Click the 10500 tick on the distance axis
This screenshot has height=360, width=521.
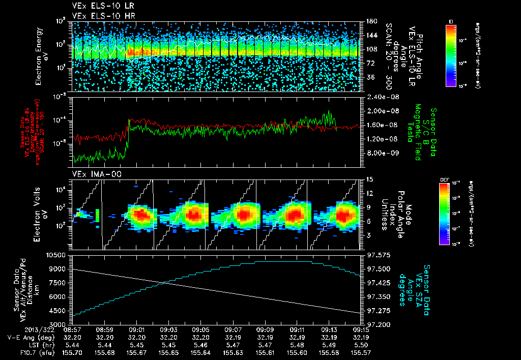tap(57, 254)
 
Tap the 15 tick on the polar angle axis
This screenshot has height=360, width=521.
tap(369, 179)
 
